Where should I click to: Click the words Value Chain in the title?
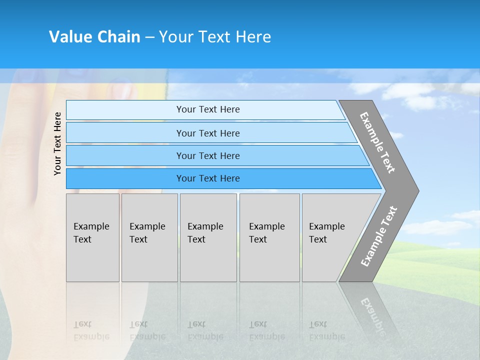point(94,36)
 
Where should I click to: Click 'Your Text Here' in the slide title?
point(215,36)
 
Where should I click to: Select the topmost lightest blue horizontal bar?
point(125,110)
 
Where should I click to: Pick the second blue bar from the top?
point(125,133)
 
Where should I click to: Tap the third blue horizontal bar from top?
point(125,155)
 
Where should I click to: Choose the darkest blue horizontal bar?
point(125,178)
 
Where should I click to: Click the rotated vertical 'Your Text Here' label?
point(58,143)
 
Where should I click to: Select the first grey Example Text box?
point(92,237)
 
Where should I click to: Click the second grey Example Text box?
point(149,237)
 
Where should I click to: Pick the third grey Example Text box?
point(208,237)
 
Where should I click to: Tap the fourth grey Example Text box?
point(269,237)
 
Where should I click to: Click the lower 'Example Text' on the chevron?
point(379,236)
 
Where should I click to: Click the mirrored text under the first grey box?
point(91,330)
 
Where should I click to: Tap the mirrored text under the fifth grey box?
point(327,330)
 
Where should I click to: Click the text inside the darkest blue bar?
point(208,178)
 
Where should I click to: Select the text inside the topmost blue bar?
point(208,109)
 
